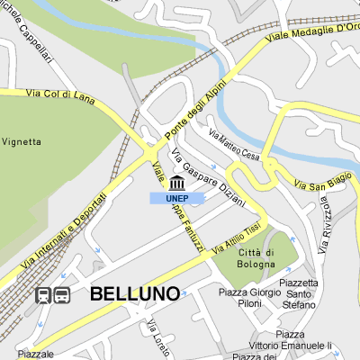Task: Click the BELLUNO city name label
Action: point(134,292)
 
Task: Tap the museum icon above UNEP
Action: point(176,184)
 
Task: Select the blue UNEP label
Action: point(176,198)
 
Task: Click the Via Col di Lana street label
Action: point(56,93)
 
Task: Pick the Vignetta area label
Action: point(22,141)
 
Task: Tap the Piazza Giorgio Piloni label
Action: point(246,298)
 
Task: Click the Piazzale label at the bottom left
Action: point(35,354)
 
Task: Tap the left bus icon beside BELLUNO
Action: point(42,295)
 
